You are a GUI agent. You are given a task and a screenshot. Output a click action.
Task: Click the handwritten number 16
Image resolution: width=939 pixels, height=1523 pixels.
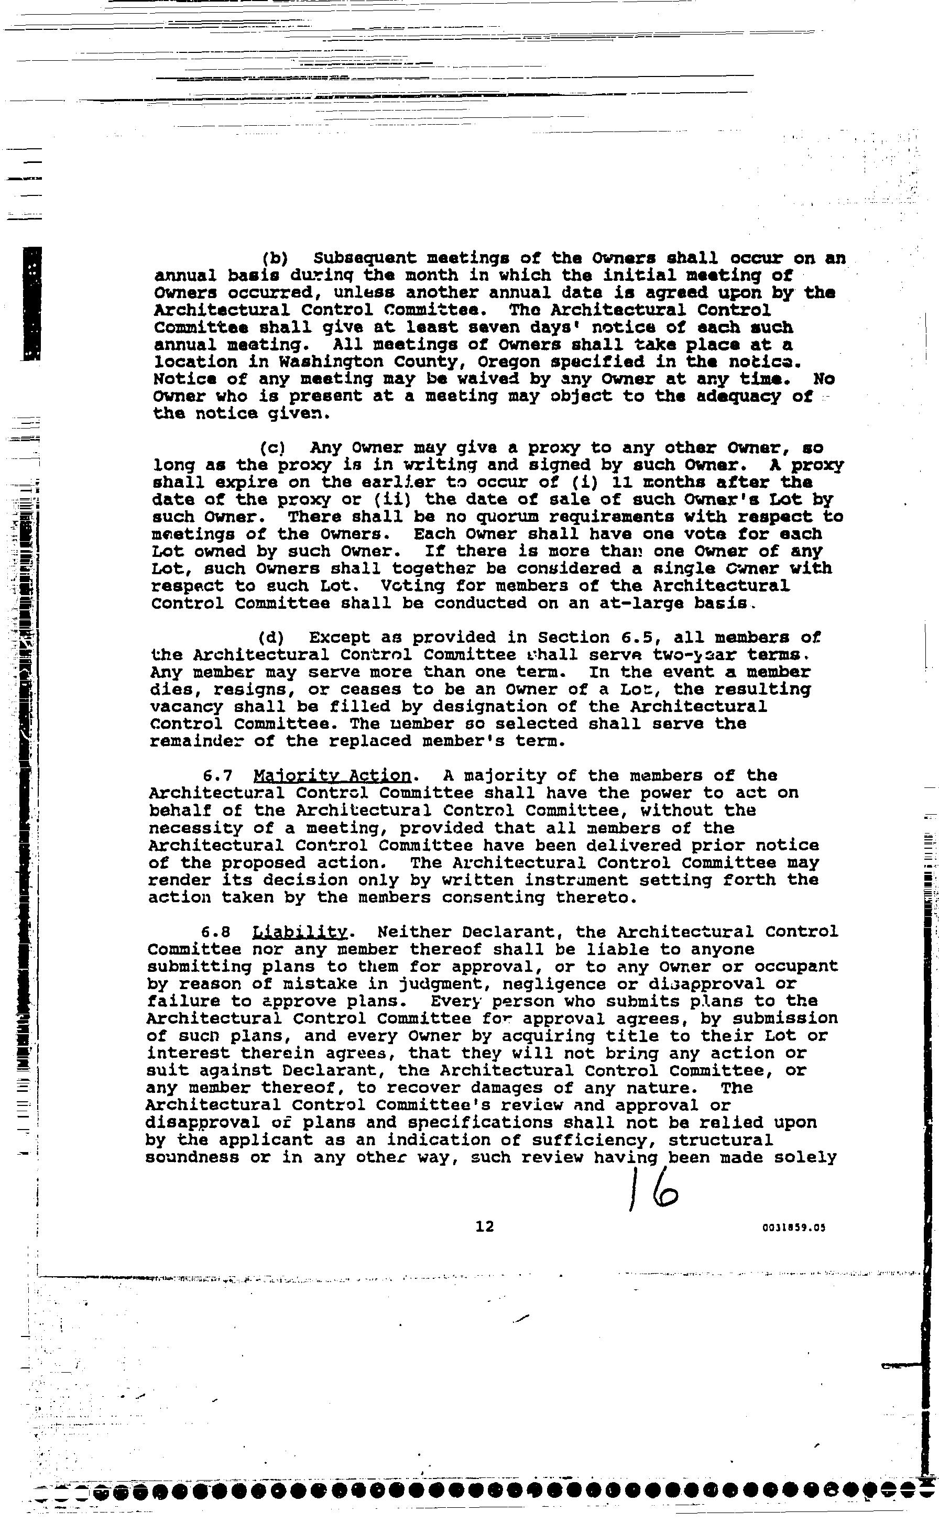[x=652, y=1188]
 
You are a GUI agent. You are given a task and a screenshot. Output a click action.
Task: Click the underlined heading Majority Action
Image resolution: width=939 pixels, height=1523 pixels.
[x=332, y=776]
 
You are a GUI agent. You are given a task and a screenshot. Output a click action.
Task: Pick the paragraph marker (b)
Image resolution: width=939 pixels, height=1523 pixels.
[x=273, y=258]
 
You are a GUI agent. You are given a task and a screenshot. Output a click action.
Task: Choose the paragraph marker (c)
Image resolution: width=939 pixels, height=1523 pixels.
[x=272, y=447]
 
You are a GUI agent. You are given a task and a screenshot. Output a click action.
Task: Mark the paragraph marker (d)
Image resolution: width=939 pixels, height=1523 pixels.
[x=271, y=638]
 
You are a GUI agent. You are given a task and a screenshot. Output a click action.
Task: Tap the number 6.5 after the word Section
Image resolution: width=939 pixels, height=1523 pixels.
[x=636, y=638]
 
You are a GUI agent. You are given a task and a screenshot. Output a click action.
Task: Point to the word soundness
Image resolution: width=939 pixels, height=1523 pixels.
[x=192, y=1157]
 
